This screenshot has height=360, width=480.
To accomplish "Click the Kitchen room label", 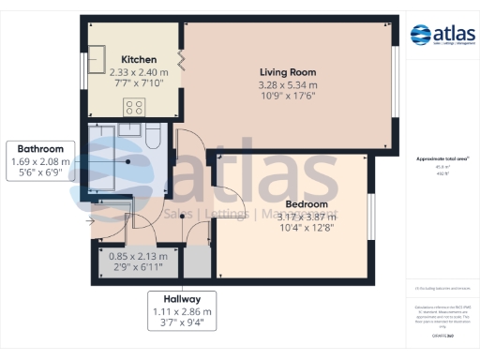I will pyautogui.click(x=139, y=59).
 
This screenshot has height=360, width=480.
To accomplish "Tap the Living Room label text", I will pyautogui.click(x=287, y=72).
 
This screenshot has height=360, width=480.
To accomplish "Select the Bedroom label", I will pyautogui.click(x=306, y=204).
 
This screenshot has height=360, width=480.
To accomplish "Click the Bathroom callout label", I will pyautogui.click(x=39, y=148).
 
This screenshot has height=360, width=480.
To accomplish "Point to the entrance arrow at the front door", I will pyautogui.click(x=92, y=221).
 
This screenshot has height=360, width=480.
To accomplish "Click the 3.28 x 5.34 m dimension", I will pyautogui.click(x=287, y=84).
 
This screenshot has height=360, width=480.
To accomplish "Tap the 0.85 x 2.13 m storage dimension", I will pyautogui.click(x=136, y=256).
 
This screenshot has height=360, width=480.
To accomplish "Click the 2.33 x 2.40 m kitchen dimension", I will pyautogui.click(x=139, y=71).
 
